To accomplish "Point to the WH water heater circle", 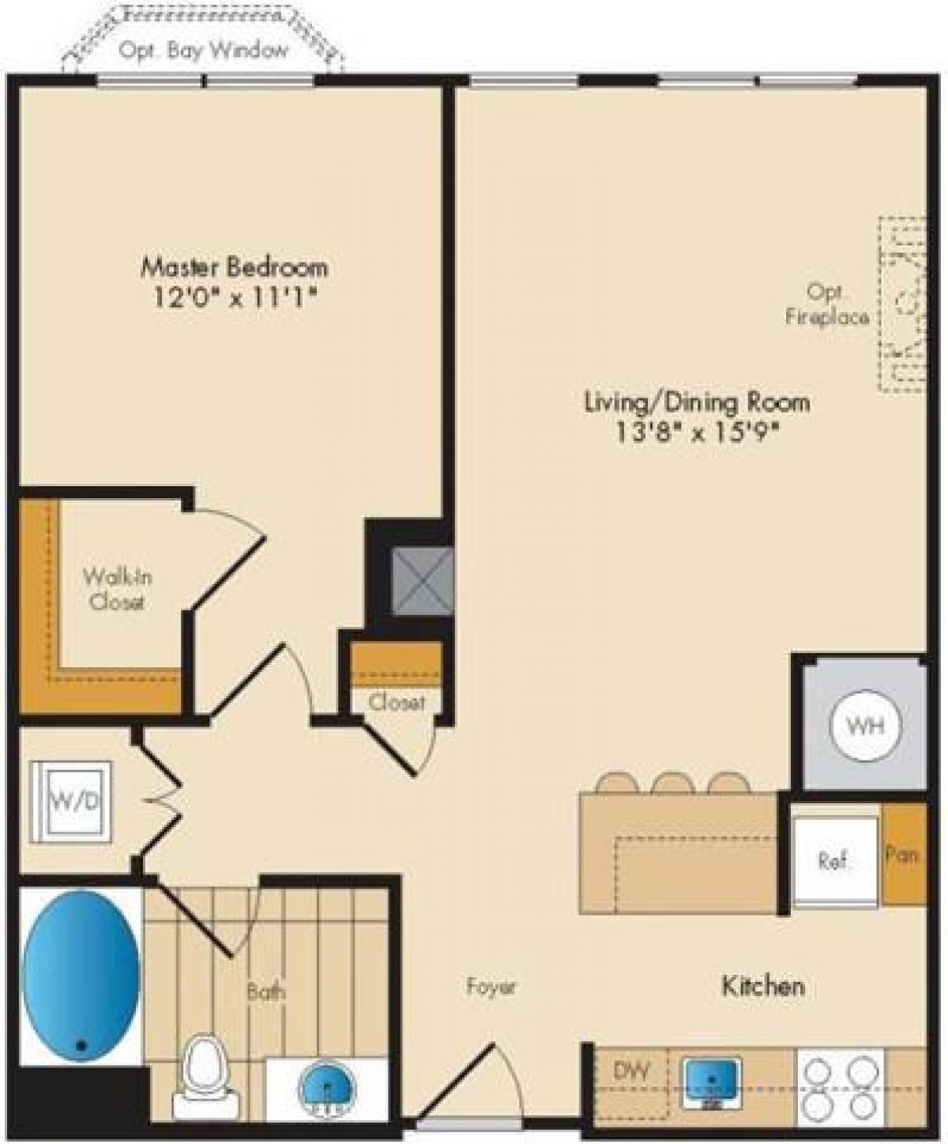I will (x=866, y=726).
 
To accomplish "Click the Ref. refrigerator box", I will (x=835, y=860).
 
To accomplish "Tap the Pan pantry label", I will (x=902, y=854).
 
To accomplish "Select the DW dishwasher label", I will (x=630, y=1071).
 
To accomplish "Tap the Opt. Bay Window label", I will (x=204, y=51).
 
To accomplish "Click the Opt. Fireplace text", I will (x=827, y=304).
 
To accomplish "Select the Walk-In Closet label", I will (x=117, y=589).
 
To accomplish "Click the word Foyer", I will (x=491, y=987).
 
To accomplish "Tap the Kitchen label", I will (x=762, y=985).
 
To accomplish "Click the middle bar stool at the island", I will (x=673, y=783).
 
